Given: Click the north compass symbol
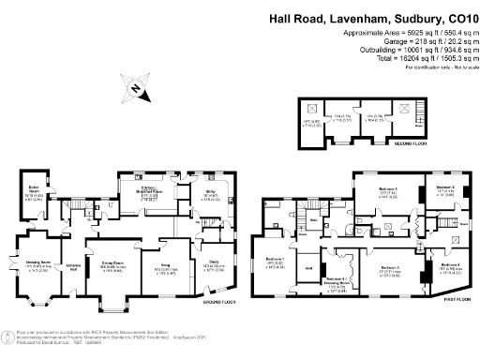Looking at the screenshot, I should [138, 89].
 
